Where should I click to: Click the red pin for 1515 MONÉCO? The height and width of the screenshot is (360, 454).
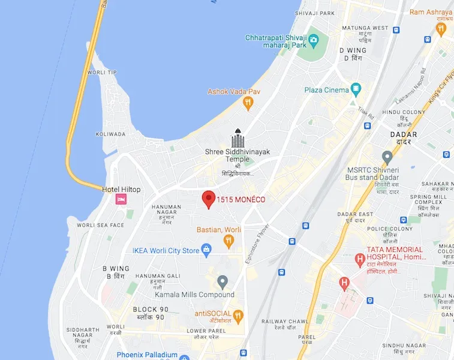point(208,199)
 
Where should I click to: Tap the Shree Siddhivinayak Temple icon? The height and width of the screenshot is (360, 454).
point(238,139)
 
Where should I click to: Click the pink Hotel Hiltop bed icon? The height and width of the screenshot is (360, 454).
point(121,200)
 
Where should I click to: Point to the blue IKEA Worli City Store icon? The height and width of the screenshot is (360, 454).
point(206,249)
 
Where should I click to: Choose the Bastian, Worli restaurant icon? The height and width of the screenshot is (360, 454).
point(228,241)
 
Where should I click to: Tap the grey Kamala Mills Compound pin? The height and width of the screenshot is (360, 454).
point(223,281)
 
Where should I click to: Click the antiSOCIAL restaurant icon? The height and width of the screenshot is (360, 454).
point(238,315)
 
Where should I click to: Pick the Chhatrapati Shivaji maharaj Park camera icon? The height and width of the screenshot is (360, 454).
point(313,41)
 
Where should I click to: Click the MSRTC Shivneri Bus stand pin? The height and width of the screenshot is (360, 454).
point(387,157)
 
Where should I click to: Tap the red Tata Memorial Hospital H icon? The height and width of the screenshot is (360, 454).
point(360,260)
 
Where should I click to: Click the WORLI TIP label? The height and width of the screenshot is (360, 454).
point(103,73)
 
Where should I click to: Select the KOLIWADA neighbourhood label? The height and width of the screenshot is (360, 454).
point(110,134)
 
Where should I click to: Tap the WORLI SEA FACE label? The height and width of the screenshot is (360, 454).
point(101,225)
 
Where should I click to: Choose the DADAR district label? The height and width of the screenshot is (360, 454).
point(403,134)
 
